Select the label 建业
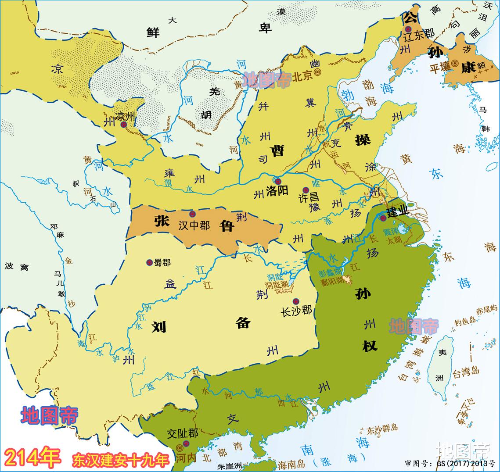(x=398, y=211)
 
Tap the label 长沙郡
(x=296, y=311)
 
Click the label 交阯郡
(x=183, y=433)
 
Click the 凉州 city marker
(x=124, y=125)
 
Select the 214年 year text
(x=33, y=458)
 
